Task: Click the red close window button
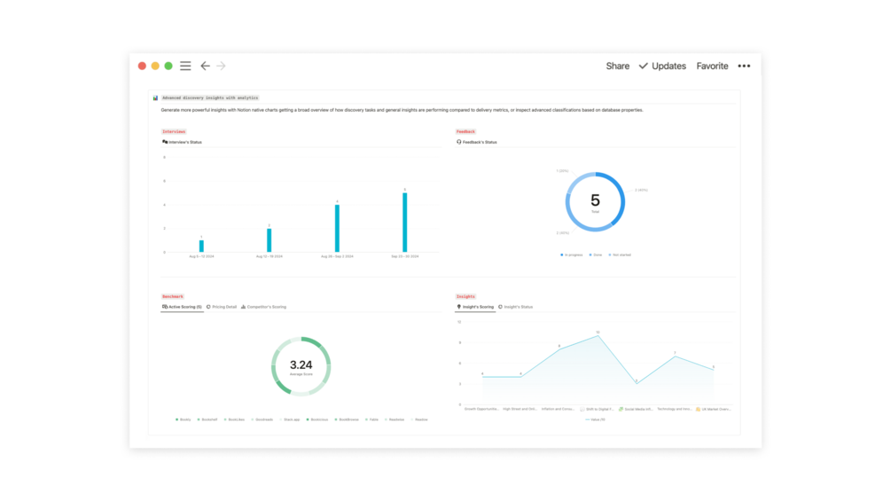point(142,66)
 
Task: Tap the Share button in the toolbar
point(617,66)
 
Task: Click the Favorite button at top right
point(712,66)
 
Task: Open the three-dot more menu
point(744,66)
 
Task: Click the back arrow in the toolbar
point(205,66)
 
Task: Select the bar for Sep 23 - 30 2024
point(405,223)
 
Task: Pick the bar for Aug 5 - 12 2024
point(201,247)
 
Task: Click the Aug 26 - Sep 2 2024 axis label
point(337,256)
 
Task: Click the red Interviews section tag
point(174,131)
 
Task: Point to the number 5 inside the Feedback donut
point(595,200)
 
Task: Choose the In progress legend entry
point(572,254)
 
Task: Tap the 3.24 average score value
point(301,364)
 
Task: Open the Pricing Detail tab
point(222,307)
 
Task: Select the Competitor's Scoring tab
point(264,307)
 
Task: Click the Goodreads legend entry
point(263,419)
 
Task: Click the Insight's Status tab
point(516,307)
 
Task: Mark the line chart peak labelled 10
point(598,336)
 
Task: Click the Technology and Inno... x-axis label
point(674,409)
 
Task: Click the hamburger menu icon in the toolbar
point(185,66)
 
